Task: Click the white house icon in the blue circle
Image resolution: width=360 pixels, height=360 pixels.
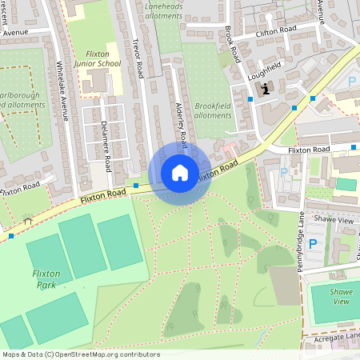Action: [180, 172]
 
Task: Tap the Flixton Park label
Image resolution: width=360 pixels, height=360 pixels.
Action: [46, 278]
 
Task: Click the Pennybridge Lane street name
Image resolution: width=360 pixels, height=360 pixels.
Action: [302, 241]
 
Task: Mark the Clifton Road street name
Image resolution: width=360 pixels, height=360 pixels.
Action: [275, 31]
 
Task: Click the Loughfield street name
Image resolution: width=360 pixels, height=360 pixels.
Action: [266, 66]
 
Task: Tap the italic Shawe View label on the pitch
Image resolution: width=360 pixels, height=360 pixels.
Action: [342, 296]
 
